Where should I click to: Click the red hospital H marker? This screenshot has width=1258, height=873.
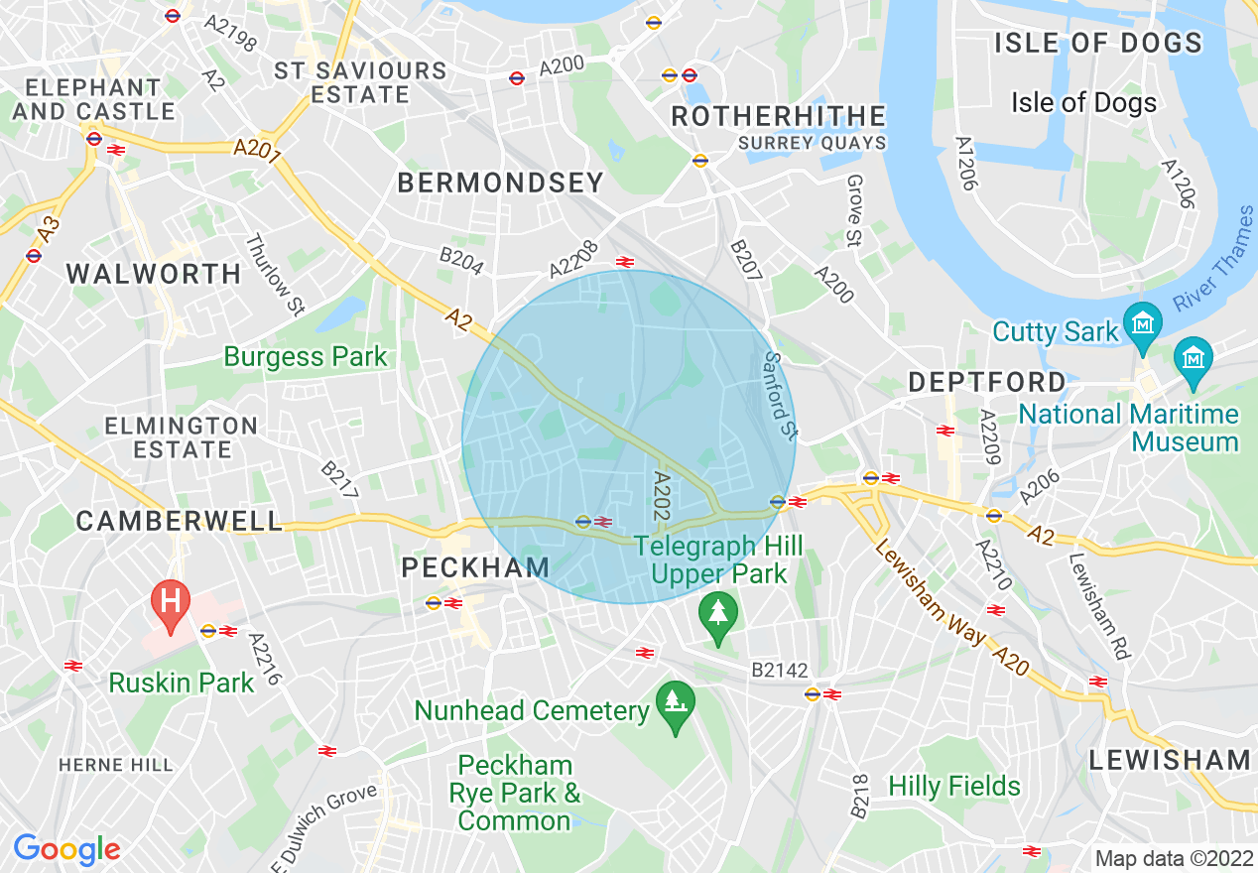click(x=170, y=601)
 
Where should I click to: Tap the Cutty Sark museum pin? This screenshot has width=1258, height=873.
click(x=1143, y=324)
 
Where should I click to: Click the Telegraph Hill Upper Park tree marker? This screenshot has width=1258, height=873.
click(x=717, y=611)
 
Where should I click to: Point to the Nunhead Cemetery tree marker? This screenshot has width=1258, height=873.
click(x=676, y=703)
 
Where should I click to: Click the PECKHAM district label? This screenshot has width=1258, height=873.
click(x=475, y=567)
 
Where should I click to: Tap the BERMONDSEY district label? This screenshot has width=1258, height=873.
click(x=500, y=183)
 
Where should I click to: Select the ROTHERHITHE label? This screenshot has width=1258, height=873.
click(x=778, y=116)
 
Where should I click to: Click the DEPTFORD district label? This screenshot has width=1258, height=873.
click(x=986, y=382)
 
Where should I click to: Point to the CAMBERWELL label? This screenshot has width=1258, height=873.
click(x=180, y=521)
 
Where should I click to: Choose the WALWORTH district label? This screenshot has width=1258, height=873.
click(x=154, y=274)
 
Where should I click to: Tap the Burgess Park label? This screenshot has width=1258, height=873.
click(x=306, y=356)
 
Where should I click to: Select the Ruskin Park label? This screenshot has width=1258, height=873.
click(x=182, y=683)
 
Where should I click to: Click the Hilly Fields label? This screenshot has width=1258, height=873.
click(x=954, y=787)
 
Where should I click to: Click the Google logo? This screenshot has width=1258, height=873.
click(x=66, y=849)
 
